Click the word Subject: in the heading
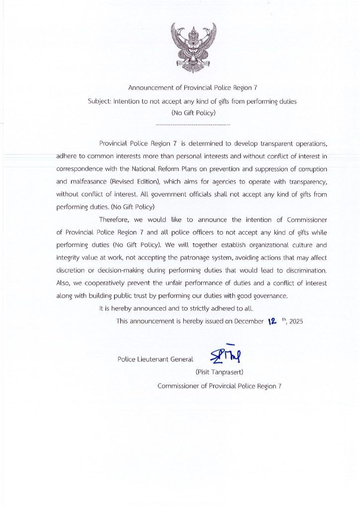(99, 101)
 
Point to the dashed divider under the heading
(193, 123)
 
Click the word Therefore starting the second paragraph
(115, 219)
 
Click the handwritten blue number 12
(272, 321)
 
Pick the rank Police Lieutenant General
(155, 359)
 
